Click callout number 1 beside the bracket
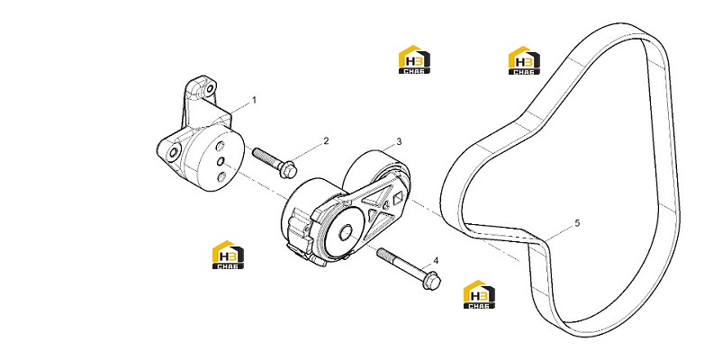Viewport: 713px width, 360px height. (x=254, y=100)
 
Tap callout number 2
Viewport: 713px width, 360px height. (x=326, y=141)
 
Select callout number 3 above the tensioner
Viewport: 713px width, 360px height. (x=399, y=142)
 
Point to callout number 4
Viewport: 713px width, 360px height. (x=436, y=260)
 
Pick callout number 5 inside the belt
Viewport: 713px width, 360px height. (x=577, y=223)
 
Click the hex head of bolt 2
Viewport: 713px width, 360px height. (x=290, y=169)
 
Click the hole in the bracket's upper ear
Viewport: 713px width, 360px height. (x=210, y=88)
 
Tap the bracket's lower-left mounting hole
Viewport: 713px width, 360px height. (x=172, y=151)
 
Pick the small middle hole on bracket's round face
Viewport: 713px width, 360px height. (x=220, y=161)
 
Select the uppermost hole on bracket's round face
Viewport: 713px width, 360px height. (x=220, y=147)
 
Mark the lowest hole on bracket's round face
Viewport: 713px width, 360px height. (x=221, y=176)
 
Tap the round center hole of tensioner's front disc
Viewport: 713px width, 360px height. (x=346, y=232)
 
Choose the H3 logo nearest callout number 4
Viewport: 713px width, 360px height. (x=479, y=294)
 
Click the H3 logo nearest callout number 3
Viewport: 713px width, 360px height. (x=414, y=59)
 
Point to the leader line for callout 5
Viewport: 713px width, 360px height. (x=559, y=233)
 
